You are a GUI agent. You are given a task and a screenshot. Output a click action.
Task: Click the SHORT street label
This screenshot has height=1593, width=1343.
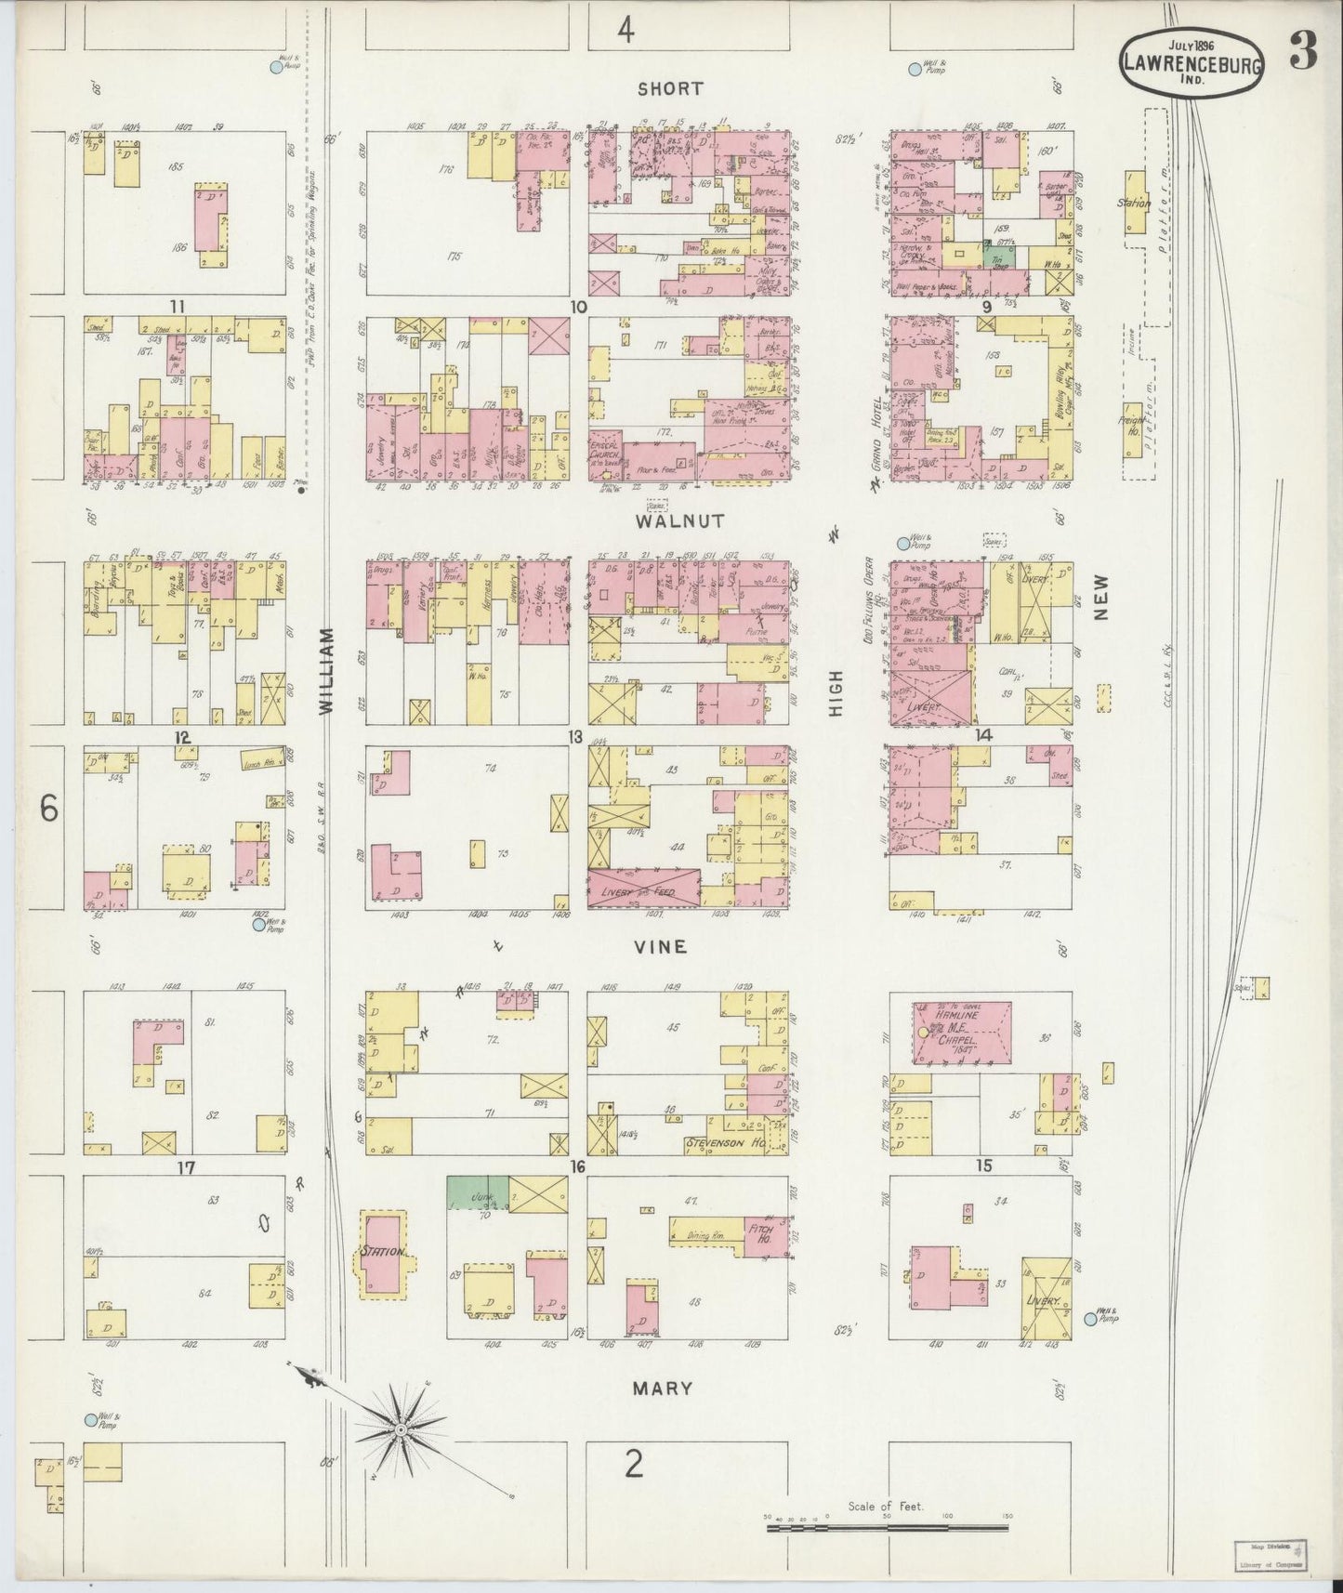pos(670,89)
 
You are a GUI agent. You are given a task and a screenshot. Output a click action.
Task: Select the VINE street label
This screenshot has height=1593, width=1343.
pos(661,947)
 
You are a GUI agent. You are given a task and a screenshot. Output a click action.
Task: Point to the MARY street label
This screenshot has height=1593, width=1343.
pos(662,1388)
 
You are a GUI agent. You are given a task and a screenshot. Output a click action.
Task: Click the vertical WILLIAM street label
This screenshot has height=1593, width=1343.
pos(326,670)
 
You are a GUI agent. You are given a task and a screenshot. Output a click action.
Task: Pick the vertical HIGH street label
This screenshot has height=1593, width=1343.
pos(836,692)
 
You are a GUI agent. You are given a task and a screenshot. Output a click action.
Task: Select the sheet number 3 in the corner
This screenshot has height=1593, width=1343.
pos(1302,56)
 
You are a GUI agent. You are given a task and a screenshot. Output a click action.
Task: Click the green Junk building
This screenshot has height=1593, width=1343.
pos(477,1191)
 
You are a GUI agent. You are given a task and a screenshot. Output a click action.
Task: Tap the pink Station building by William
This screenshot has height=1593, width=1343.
pos(383,1252)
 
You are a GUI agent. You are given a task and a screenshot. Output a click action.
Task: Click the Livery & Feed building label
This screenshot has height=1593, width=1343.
pos(644,889)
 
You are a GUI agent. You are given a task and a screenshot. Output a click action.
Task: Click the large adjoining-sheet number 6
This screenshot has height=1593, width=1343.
pos(48,809)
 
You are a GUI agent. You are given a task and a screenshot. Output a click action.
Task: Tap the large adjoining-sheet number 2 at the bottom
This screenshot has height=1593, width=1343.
pos(633,1465)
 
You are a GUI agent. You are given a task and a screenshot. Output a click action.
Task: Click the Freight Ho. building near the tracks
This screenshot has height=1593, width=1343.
pos(1133,429)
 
